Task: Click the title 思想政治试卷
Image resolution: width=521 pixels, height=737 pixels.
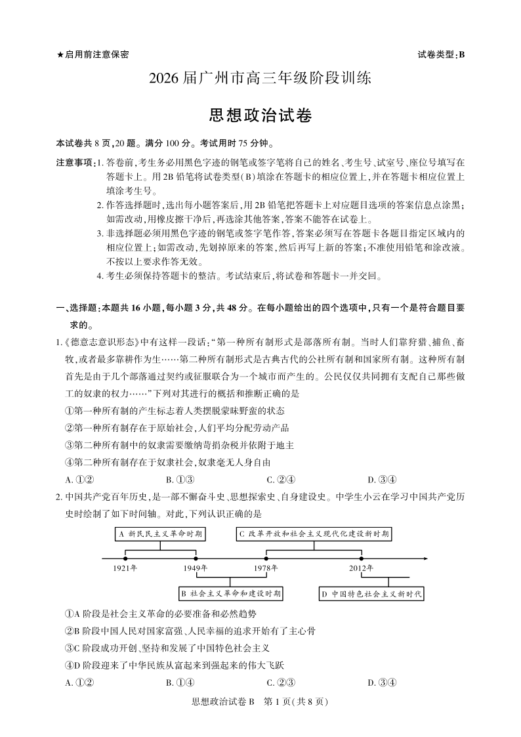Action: point(260,116)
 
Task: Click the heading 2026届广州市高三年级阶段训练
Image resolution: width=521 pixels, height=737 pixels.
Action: point(260,79)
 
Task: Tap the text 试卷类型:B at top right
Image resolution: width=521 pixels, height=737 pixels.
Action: point(440,54)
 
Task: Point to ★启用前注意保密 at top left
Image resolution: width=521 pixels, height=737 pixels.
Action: point(93,54)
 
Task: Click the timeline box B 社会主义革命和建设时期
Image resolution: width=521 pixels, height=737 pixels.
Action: point(232,594)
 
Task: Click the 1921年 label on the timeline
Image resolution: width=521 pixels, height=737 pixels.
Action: point(125,568)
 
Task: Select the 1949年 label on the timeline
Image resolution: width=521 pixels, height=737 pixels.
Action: point(196,568)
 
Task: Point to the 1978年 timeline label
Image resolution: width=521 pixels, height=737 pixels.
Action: point(266,568)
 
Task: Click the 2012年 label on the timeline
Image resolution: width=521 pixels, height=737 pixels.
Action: point(361,568)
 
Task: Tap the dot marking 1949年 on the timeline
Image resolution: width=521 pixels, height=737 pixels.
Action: point(196,558)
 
